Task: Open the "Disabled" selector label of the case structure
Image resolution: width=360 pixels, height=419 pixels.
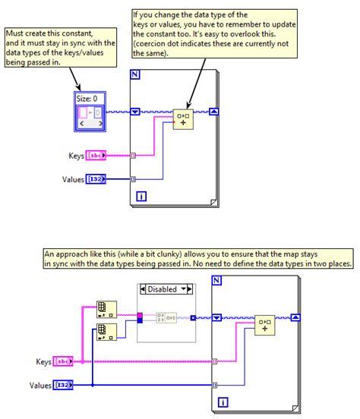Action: coord(164,288)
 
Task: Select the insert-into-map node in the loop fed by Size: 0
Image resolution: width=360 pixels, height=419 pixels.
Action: coord(183,119)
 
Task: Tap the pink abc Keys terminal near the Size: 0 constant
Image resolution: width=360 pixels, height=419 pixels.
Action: coord(95,156)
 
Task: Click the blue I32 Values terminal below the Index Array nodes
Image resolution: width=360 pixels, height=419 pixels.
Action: coord(63,385)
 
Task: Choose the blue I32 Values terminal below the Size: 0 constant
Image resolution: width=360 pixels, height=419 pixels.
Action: coord(96,179)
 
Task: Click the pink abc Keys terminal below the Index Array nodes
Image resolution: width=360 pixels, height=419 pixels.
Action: coord(63,361)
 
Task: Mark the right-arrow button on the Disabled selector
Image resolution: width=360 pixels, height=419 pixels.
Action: coord(190,288)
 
